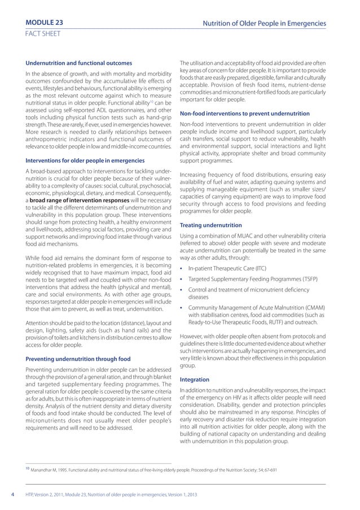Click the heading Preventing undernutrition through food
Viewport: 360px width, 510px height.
pos(78,359)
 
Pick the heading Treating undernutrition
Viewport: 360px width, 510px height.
pos(210,225)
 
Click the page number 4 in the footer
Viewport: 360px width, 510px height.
pos(12,496)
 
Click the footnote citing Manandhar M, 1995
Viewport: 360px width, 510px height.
pos(152,469)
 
